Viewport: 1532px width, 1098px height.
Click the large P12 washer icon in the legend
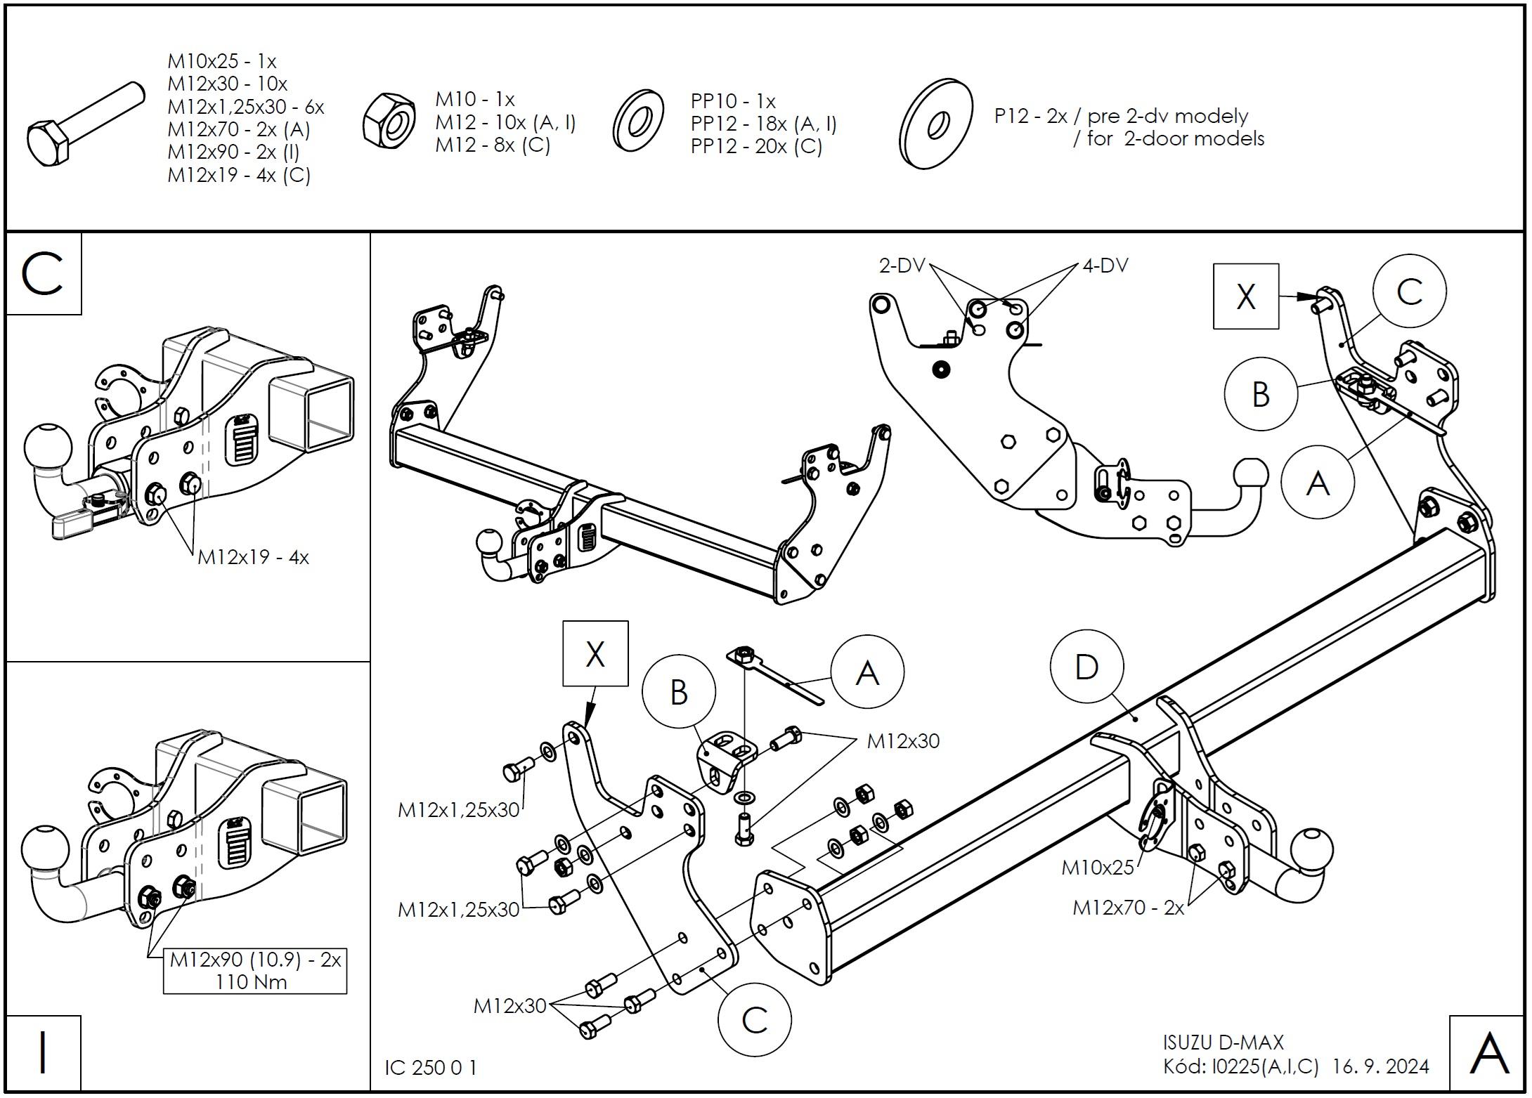pos(936,124)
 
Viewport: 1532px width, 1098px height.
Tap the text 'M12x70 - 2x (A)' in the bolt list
pos(238,129)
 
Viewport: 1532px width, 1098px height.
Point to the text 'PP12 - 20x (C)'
pos(756,147)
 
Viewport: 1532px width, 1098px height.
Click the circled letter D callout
pos(1086,667)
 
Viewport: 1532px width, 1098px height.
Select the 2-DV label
pos(902,266)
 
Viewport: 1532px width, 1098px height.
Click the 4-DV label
pos(1105,266)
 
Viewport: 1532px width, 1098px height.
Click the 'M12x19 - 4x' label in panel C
pos(253,558)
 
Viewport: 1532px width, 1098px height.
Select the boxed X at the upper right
pos(1245,296)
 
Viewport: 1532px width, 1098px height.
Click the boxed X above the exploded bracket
pos(595,654)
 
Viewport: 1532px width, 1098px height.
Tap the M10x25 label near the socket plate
pos(1097,868)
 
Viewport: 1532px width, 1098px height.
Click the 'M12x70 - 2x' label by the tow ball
pos(1128,908)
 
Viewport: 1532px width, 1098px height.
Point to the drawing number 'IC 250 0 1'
pos(431,1068)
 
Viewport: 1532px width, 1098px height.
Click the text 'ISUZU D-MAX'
pos(1223,1043)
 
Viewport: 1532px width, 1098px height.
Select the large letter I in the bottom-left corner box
pos(43,1053)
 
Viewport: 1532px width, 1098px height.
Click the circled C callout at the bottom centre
pos(754,1020)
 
